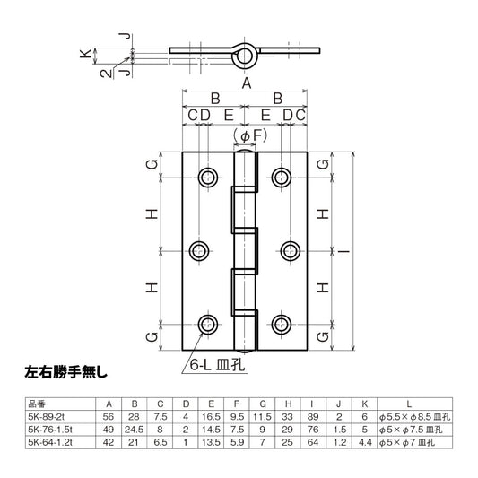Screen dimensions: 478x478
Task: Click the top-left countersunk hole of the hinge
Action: click(208, 175)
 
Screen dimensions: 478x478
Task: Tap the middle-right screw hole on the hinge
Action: click(283, 249)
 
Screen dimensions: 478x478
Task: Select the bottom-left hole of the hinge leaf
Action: click(208, 324)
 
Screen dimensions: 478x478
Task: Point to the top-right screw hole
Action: click(283, 175)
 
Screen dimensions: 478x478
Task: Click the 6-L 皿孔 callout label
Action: click(212, 365)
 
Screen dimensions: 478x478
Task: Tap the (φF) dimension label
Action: click(246, 135)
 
